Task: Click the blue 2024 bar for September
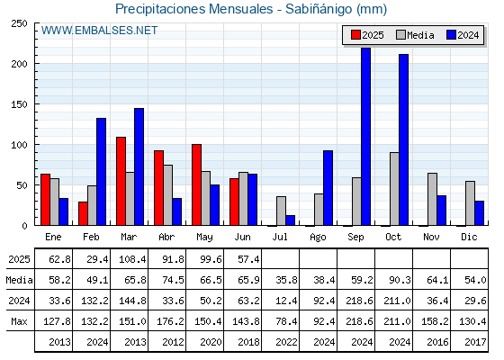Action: pos(365,137)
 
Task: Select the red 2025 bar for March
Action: pos(121,181)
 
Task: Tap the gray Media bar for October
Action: pos(394,189)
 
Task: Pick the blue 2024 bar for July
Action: pos(290,220)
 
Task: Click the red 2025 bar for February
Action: pos(83,213)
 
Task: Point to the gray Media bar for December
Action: pos(470,203)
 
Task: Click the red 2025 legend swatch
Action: pos(355,35)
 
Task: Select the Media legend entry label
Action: pos(420,35)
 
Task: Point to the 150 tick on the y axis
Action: pos(36,104)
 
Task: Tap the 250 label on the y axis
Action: pos(19,23)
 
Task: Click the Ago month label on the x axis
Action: pos(318,238)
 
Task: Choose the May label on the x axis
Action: pos(204,238)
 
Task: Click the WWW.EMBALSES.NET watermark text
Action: pos(99,31)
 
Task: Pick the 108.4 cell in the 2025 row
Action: pos(132,259)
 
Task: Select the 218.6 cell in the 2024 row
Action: pos(359,301)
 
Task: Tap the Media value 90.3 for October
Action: pos(400,280)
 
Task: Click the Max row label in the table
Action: pos(19,321)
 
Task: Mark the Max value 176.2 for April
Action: pos(170,321)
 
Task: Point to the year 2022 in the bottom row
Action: pos(286,342)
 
